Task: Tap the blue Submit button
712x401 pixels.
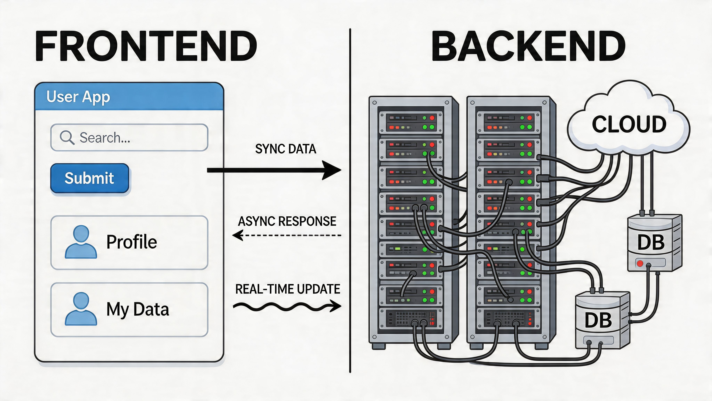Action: [x=90, y=178]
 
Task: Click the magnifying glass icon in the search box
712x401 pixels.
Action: [x=67, y=137]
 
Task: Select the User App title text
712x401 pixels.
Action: [x=78, y=97]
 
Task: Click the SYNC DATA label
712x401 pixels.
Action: [x=286, y=149]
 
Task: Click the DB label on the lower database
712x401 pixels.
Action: [x=598, y=320]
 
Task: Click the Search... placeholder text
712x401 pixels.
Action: [x=105, y=137]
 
